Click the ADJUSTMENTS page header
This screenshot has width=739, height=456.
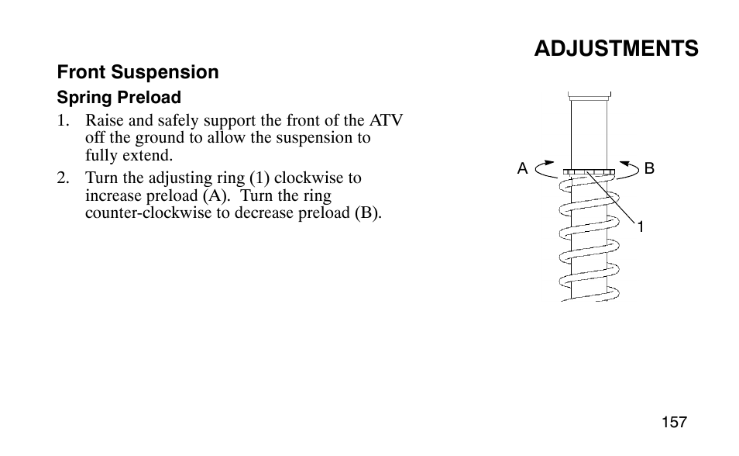tap(616, 49)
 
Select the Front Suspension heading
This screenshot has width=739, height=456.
tap(138, 72)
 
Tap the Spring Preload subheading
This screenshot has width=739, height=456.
tap(119, 97)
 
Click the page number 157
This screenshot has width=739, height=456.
tap(674, 422)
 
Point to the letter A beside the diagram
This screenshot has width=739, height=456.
tap(522, 168)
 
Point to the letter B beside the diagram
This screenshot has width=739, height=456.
tap(649, 168)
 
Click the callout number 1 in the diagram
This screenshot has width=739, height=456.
tap(641, 227)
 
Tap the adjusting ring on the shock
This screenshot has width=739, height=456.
tap(589, 172)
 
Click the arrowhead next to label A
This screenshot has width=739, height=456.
tap(549, 163)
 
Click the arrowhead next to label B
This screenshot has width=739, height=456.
tap(625, 164)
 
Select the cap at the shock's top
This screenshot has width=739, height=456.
tap(589, 96)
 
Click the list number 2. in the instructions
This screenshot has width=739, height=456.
tap(64, 178)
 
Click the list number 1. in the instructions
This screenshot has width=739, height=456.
tap(64, 121)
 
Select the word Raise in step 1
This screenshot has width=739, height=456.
tap(104, 120)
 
